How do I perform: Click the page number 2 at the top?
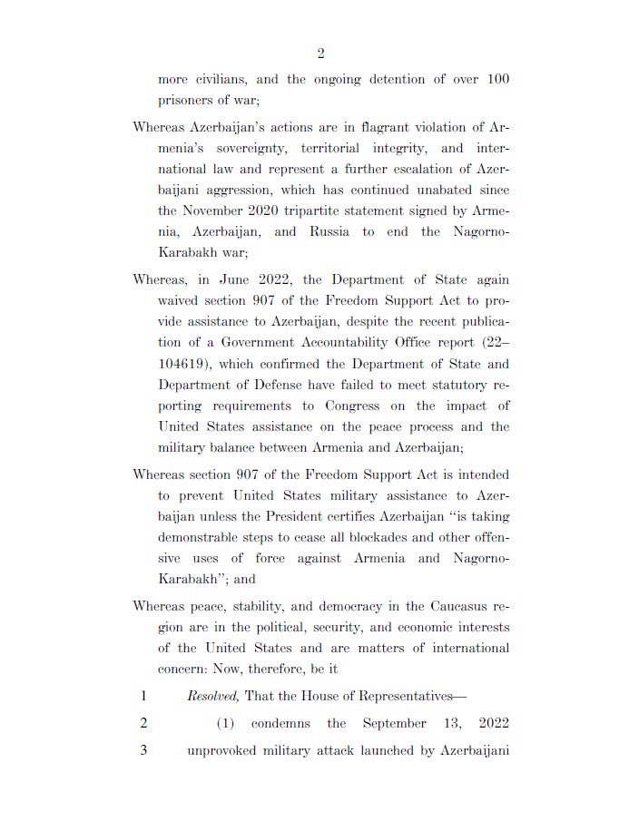click(320, 54)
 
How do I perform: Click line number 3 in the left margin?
click(143, 750)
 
